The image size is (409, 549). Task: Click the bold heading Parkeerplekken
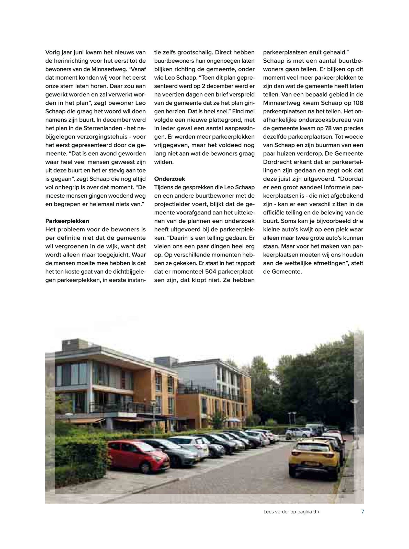pos(67,221)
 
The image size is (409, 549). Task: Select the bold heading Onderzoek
pos(169,179)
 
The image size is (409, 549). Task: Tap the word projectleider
pos(171,204)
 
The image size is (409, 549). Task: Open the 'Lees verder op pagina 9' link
pos(291,512)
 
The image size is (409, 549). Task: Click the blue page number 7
pos(362,512)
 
